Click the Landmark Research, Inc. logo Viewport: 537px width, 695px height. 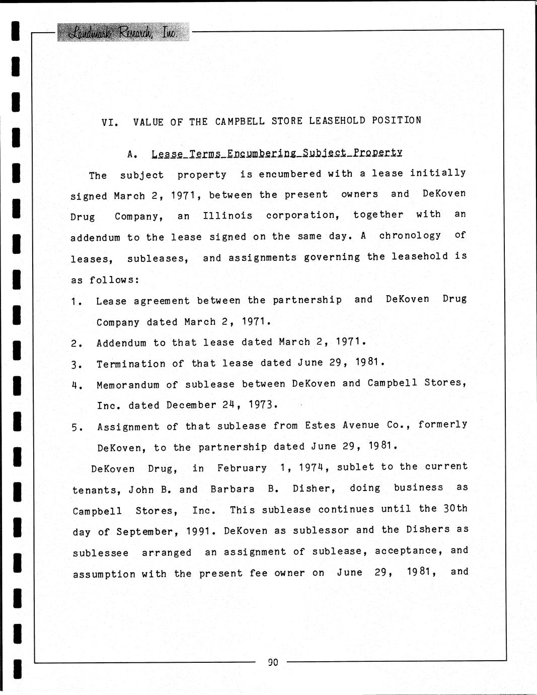click(x=123, y=32)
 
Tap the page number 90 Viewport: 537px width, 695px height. click(x=273, y=662)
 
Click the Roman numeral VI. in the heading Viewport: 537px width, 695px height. click(x=110, y=122)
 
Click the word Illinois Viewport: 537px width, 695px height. click(x=227, y=216)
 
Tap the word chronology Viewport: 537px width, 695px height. click(x=410, y=236)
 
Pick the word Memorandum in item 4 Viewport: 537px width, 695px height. click(x=128, y=385)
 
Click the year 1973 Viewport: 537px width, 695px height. click(x=263, y=405)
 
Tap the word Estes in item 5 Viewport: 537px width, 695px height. click(x=320, y=426)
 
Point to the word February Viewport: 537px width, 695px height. click(x=242, y=468)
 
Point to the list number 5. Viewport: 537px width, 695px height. click(x=75, y=428)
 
